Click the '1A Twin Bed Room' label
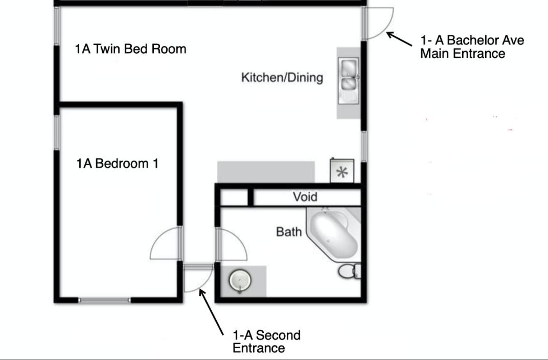(x=130, y=49)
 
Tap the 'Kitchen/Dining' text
(x=282, y=77)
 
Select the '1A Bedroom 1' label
(x=118, y=163)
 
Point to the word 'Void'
(x=305, y=196)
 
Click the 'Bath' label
(x=289, y=231)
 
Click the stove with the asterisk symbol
(x=342, y=171)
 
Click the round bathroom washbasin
(x=240, y=280)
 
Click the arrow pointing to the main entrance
(x=399, y=39)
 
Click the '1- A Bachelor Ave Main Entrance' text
(x=472, y=47)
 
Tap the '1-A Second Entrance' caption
(x=266, y=342)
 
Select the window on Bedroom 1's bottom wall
(x=104, y=300)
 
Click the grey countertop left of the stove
(x=266, y=172)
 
